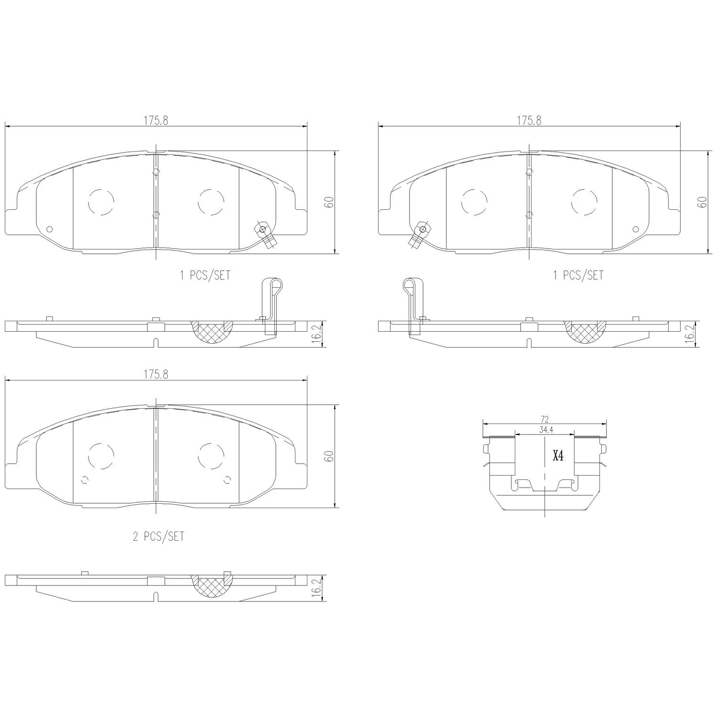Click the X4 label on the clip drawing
click(558, 456)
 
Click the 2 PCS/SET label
click(158, 537)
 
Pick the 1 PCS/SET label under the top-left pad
click(205, 276)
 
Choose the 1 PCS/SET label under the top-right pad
click(578, 276)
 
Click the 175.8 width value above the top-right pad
click(529, 121)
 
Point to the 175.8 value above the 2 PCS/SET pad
click(156, 375)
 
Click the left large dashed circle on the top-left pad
click(101, 201)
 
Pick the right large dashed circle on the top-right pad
click(584, 201)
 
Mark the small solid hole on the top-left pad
click(49, 228)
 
